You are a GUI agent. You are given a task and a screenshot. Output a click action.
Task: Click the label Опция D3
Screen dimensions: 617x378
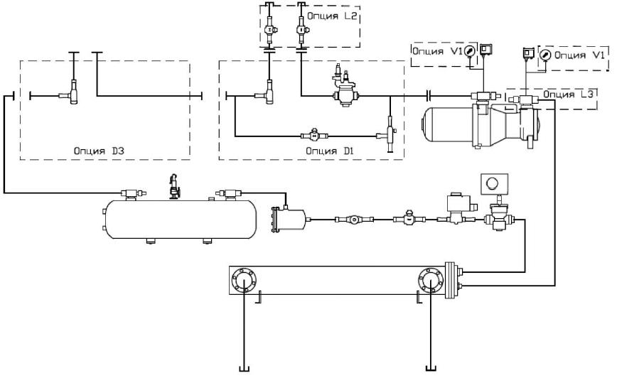pyautogui.click(x=99, y=151)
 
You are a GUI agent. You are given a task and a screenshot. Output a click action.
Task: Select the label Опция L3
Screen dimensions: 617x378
pyautogui.click(x=568, y=94)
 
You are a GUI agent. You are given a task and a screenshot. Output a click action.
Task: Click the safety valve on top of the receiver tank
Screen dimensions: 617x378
pyautogui.click(x=173, y=186)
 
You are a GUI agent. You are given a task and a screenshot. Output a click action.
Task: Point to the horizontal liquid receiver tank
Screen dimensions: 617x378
pyautogui.click(x=181, y=220)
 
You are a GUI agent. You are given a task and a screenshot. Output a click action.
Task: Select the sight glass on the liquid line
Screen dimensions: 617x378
pyautogui.click(x=354, y=220)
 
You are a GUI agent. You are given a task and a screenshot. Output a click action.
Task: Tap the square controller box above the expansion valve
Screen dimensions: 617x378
pyautogui.click(x=492, y=183)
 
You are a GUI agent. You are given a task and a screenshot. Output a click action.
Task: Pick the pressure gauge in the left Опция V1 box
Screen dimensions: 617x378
pyautogui.click(x=469, y=51)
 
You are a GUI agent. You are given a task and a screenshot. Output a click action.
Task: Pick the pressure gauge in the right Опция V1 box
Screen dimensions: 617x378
pyautogui.click(x=545, y=55)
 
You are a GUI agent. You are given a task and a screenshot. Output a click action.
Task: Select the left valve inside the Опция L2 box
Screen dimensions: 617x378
pyautogui.click(x=269, y=30)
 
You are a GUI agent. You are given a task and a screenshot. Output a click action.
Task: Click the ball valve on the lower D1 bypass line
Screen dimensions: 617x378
pyautogui.click(x=314, y=135)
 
